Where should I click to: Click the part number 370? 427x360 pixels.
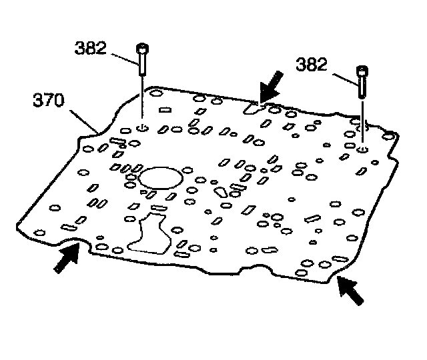pyautogui.click(x=49, y=101)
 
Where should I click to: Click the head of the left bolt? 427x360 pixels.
pyautogui.click(x=141, y=49)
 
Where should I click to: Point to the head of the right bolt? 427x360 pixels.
pyautogui.click(x=362, y=70)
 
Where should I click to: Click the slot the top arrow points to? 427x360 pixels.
pyautogui.click(x=254, y=107)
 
